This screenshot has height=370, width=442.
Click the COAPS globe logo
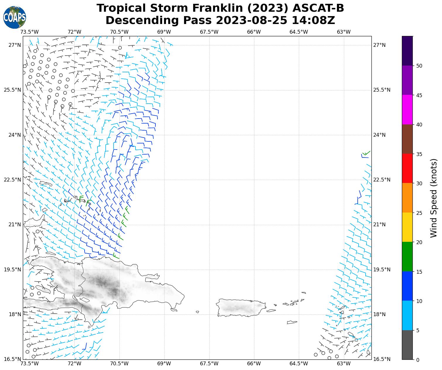coord(15,17)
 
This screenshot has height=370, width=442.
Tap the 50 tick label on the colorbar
coord(419,66)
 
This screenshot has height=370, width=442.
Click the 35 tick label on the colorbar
coord(419,154)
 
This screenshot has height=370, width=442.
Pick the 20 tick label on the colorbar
coord(419,242)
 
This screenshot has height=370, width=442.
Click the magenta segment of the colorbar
coord(407,110)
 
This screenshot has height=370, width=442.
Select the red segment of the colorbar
coord(407,168)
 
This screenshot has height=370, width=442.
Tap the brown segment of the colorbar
coord(407,139)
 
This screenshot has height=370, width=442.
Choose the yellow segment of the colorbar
coord(407,227)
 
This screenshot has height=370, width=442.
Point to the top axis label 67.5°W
coord(209,32)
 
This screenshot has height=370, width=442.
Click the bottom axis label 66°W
coord(254,364)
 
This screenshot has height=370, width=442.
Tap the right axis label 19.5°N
coord(382,270)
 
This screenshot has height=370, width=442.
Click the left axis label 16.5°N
coord(12,359)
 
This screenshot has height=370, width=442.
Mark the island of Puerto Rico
coord(241,307)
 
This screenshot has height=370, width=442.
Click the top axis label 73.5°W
coord(30,32)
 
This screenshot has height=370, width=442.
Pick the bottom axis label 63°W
coord(343,364)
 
